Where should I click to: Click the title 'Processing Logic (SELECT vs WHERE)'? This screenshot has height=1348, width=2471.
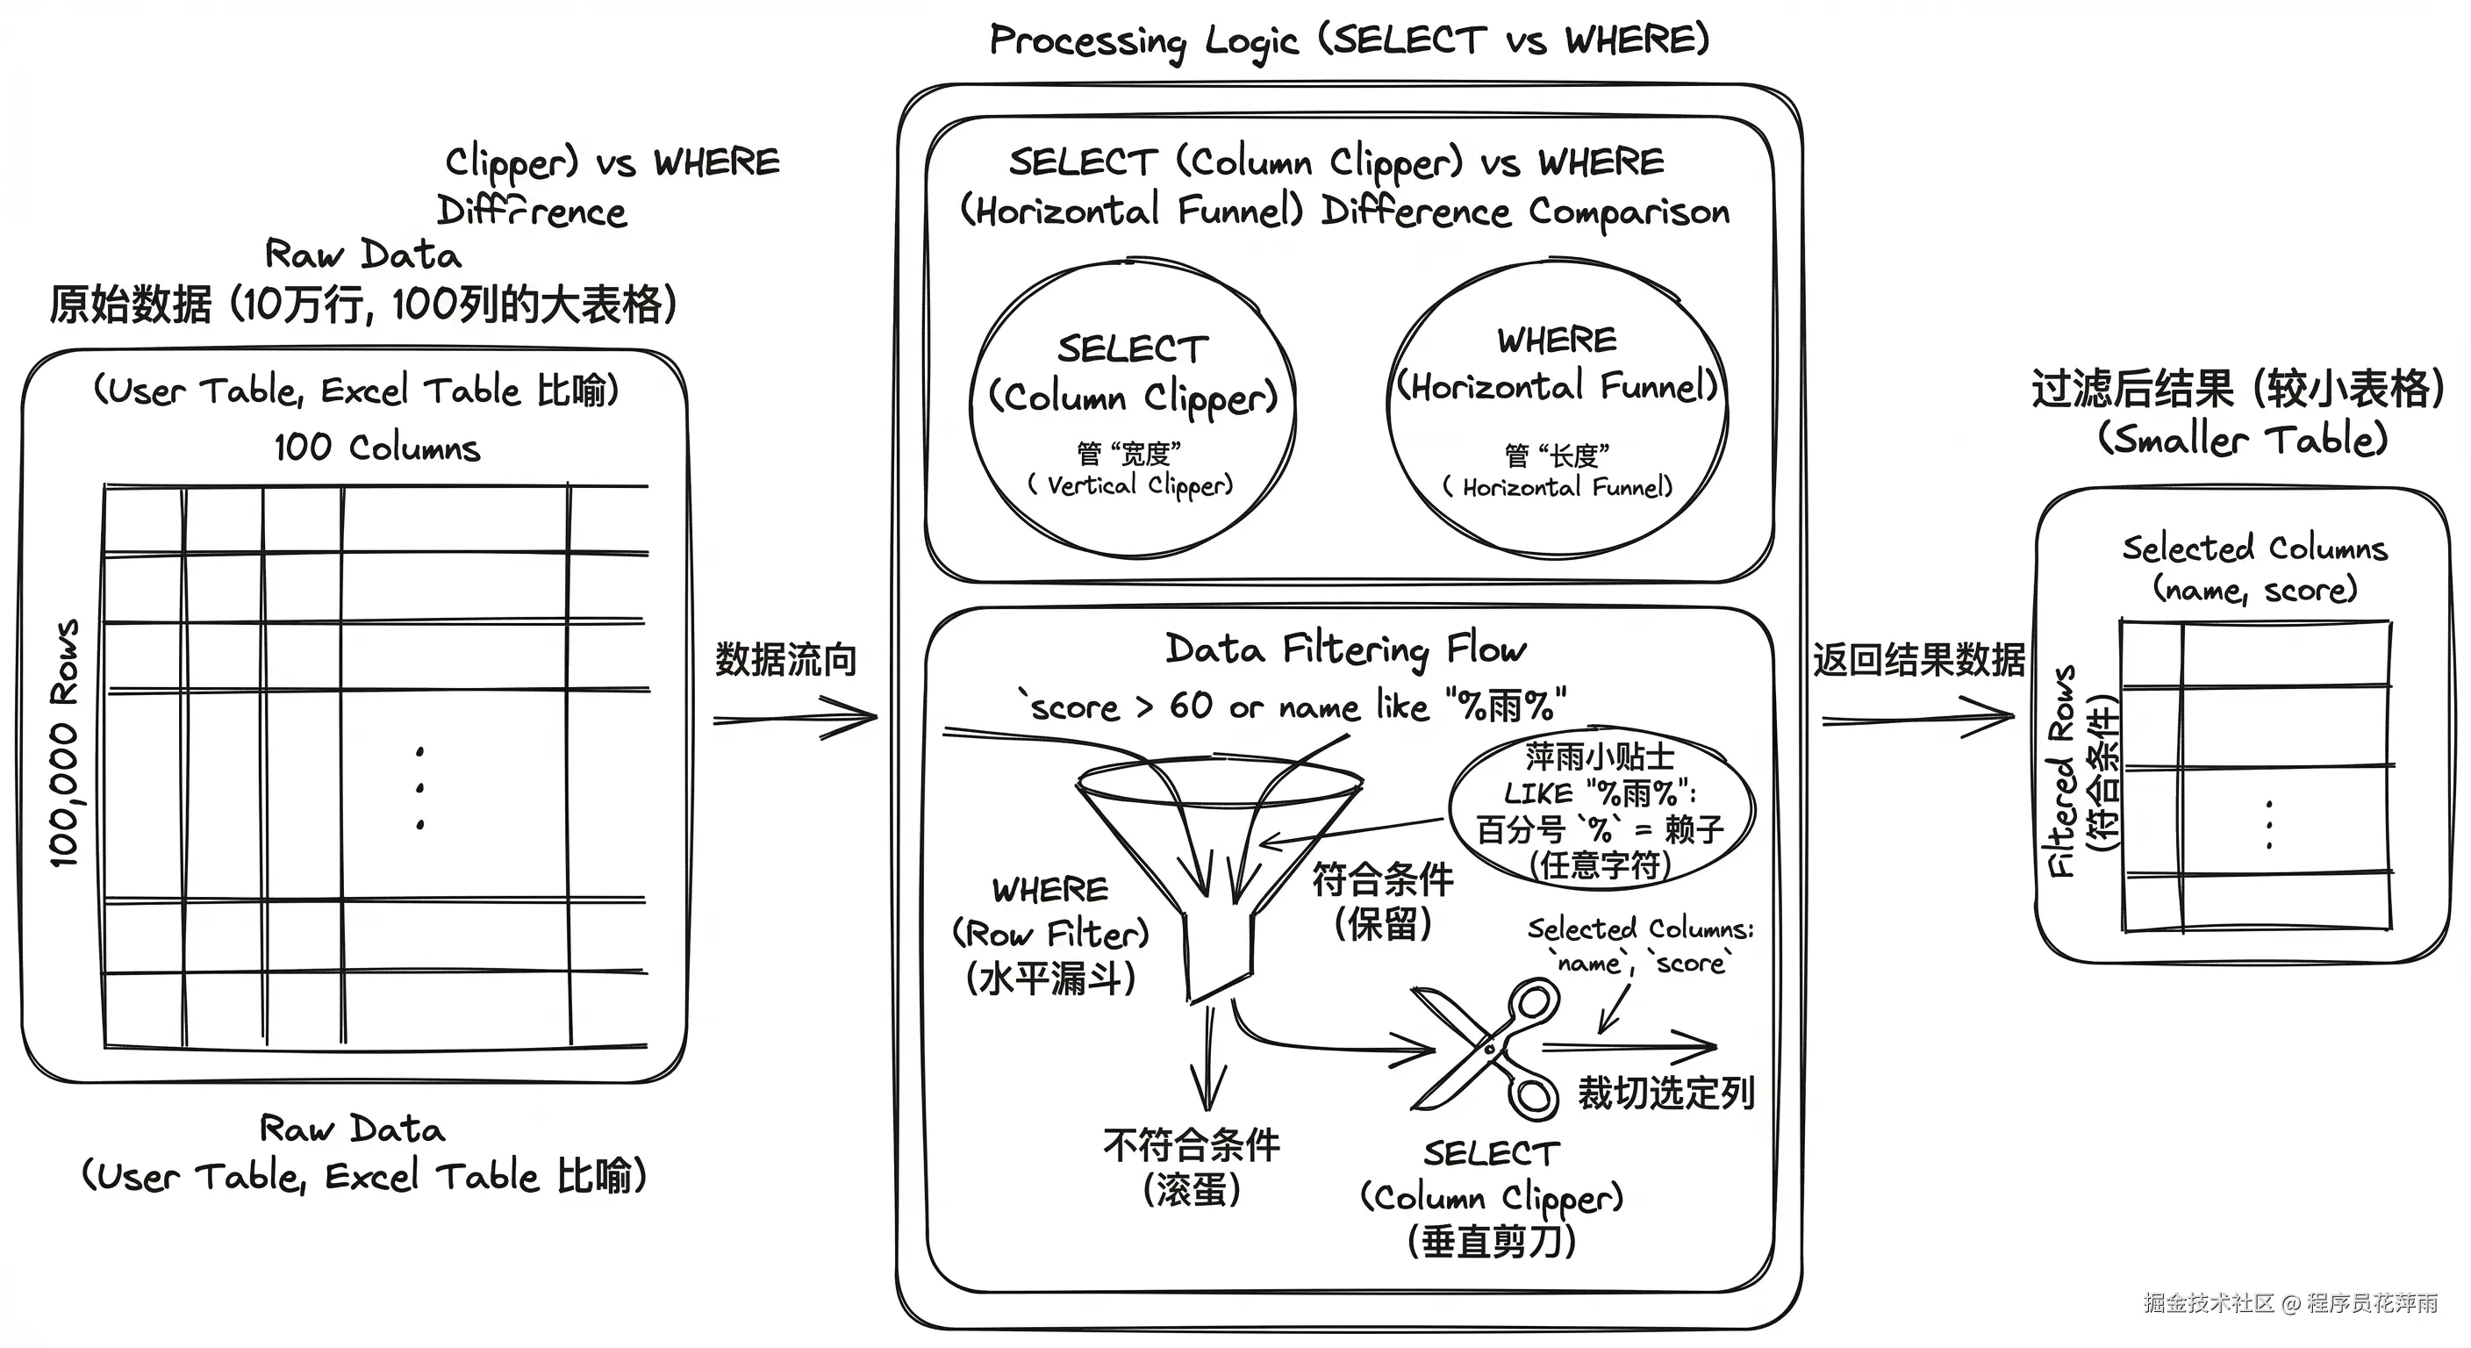coord(1349,41)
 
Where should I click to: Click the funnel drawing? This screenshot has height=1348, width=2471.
coord(1218,864)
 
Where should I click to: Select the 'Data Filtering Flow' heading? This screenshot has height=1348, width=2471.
coord(1346,649)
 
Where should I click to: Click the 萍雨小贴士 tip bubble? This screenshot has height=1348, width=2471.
coord(1600,811)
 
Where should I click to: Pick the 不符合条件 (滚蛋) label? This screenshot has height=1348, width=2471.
coord(1192,1166)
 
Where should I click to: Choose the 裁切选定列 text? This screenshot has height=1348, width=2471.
coord(1666,1093)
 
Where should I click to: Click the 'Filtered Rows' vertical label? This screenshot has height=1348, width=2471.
coord(2062,771)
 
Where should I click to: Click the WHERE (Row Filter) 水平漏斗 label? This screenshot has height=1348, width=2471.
coord(1051,934)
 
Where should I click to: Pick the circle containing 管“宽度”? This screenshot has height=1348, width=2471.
coord(1133,409)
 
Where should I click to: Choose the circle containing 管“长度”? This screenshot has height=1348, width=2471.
coord(1557,409)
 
